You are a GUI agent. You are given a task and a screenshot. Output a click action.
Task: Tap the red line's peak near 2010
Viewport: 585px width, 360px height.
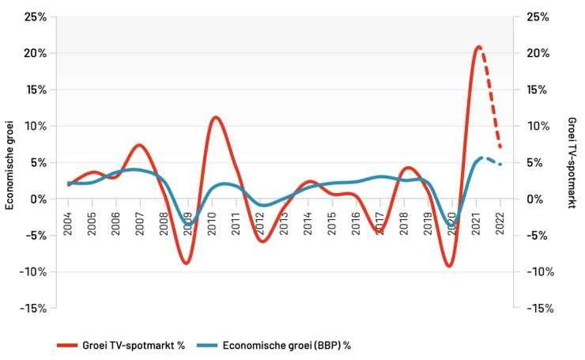click(215, 117)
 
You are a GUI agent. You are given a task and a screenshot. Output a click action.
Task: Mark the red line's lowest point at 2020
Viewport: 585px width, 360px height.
click(449, 266)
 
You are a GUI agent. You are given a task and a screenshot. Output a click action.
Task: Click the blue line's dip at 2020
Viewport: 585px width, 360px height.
click(451, 227)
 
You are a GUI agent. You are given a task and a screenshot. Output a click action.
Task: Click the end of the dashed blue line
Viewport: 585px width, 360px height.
click(500, 165)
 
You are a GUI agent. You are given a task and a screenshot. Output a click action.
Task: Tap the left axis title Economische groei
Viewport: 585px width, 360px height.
click(10, 162)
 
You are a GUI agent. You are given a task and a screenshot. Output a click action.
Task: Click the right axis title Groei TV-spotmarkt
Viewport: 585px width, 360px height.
click(572, 162)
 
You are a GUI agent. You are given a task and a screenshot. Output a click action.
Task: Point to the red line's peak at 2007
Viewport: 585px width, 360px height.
click(139, 145)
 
